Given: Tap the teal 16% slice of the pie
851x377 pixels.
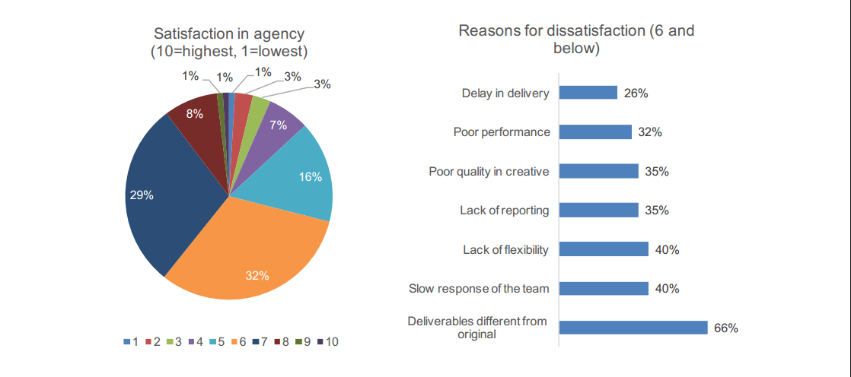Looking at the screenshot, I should click(x=301, y=179).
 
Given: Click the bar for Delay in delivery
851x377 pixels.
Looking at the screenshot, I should click(x=588, y=93).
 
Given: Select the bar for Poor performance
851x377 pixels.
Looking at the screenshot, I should click(x=595, y=132).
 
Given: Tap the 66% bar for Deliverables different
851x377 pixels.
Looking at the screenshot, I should click(x=633, y=328).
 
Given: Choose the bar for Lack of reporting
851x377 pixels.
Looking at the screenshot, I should click(x=598, y=211).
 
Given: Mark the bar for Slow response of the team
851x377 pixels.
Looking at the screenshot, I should click(x=604, y=289).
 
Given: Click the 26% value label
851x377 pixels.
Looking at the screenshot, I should click(x=636, y=93).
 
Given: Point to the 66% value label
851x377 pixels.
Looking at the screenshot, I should click(x=726, y=328).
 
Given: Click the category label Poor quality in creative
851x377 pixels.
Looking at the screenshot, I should click(x=489, y=172).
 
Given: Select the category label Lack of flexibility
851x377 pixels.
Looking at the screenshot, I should click(x=505, y=250).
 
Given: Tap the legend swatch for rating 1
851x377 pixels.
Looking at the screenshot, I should click(x=127, y=342).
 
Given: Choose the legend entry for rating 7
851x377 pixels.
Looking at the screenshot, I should click(x=261, y=342).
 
